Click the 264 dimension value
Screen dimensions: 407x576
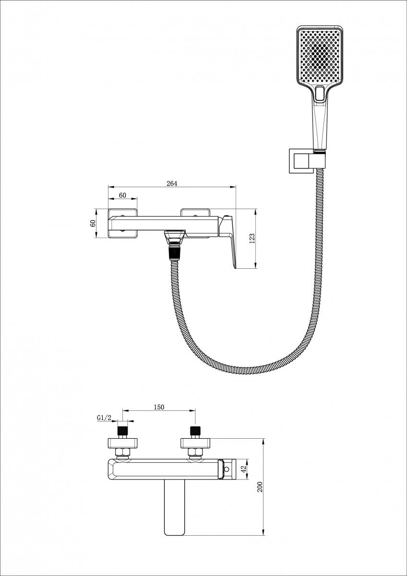pyautogui.click(x=172, y=183)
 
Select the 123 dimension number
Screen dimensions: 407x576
pyautogui.click(x=251, y=239)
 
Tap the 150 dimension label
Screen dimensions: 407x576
pyautogui.click(x=159, y=407)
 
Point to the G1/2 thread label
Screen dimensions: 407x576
pyautogui.click(x=104, y=418)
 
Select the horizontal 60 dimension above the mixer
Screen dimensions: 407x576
pyautogui.click(x=123, y=195)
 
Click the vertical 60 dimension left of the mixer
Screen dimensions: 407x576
pyautogui.click(x=93, y=223)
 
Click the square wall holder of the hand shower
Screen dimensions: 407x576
pyautogui.click(x=301, y=161)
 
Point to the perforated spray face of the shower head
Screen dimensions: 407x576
pyautogui.click(x=320, y=56)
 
